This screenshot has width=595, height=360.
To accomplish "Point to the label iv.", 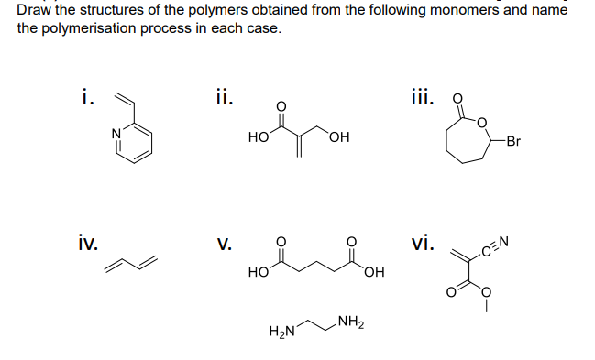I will pos(89,244).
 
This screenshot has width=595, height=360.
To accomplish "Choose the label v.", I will pos(224,245).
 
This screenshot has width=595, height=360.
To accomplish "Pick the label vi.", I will pos(424,244).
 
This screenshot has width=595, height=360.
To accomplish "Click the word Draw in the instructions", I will pos(34,10).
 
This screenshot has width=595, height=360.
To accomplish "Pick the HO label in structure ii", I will pos(258,137).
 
